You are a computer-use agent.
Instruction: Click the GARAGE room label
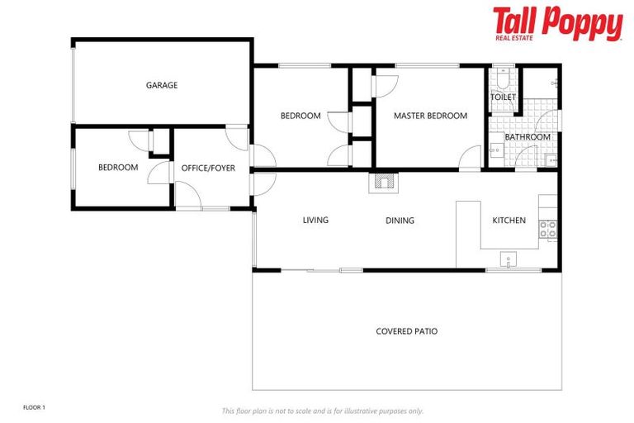[162, 85]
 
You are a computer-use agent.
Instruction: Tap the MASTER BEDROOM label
[430, 116]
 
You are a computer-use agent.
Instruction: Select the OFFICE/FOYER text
[208, 168]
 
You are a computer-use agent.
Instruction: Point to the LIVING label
[315, 221]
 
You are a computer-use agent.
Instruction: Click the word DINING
[400, 221]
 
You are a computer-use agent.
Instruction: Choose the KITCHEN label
[509, 221]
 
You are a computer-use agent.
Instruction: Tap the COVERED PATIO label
[406, 331]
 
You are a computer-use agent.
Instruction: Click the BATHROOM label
[527, 137]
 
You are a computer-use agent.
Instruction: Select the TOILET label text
[503, 97]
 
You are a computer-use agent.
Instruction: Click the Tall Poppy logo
[557, 22]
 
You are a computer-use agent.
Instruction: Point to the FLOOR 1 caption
[34, 407]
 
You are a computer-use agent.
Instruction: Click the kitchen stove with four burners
[548, 230]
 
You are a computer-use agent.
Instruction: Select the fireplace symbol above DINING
[383, 182]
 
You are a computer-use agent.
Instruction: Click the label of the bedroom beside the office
[118, 168]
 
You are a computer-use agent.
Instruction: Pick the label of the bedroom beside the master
[300, 116]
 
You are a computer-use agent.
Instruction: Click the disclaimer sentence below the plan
[322, 411]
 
